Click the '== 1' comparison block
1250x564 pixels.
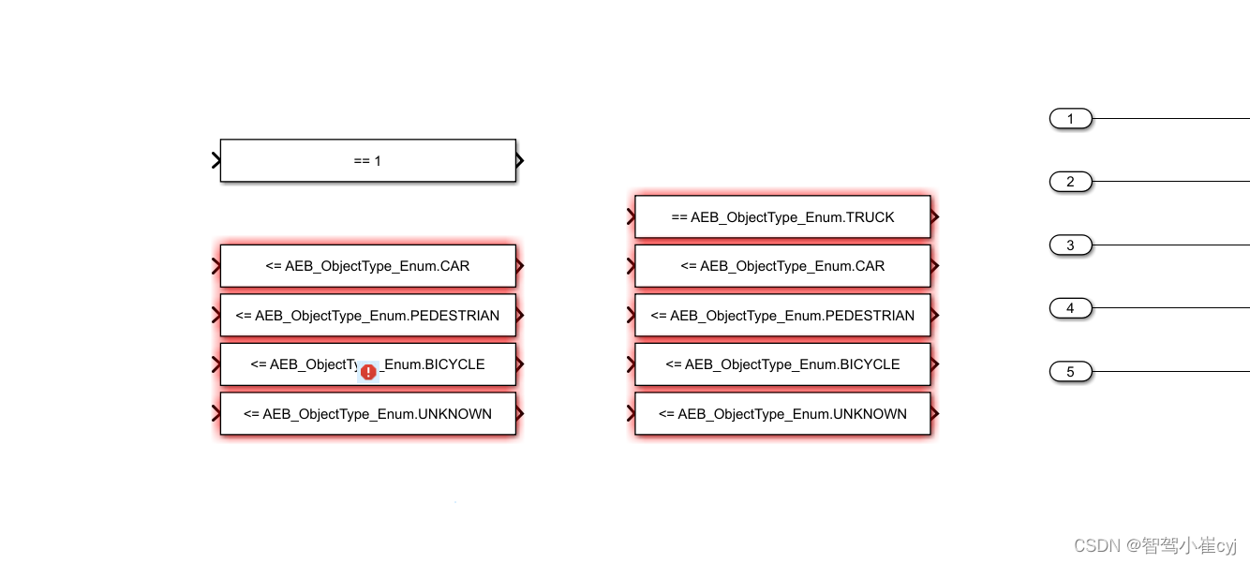[367, 160]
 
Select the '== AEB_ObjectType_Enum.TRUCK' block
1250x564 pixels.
[782, 217]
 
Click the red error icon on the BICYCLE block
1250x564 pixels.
[368, 372]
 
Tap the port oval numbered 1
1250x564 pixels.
[1070, 119]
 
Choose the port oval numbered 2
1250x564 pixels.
[1070, 182]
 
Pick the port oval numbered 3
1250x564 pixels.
[1070, 245]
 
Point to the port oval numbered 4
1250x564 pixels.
[1070, 308]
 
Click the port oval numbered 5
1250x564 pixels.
[1070, 372]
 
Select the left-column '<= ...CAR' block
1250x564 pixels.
[367, 266]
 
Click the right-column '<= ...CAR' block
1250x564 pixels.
[782, 266]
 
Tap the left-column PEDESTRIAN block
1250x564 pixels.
[367, 316]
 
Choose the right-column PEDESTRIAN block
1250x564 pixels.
[782, 316]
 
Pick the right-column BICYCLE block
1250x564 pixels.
[782, 364]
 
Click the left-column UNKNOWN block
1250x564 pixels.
[367, 414]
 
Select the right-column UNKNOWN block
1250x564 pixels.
[782, 414]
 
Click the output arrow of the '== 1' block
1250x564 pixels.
[520, 160]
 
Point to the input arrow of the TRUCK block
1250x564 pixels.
[632, 217]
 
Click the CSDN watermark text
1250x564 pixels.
[1154, 545]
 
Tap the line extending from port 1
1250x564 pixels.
[1171, 119]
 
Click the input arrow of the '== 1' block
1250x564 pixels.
[216, 160]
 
